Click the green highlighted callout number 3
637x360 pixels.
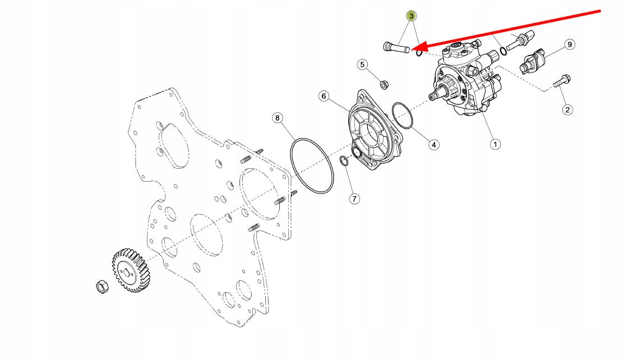click(x=412, y=16)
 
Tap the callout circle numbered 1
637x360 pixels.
click(x=495, y=144)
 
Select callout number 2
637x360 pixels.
click(x=567, y=109)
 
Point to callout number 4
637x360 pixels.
click(x=433, y=144)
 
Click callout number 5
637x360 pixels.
click(x=362, y=64)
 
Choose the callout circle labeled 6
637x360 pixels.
click(x=324, y=96)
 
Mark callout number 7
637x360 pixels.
click(x=355, y=199)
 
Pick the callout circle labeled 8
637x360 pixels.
click(x=277, y=118)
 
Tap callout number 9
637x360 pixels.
click(x=569, y=44)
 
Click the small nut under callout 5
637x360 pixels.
click(x=384, y=85)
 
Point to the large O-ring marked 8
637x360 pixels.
click(x=312, y=167)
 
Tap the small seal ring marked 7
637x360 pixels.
click(x=345, y=163)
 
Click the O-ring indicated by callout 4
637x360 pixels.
click(x=403, y=116)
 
